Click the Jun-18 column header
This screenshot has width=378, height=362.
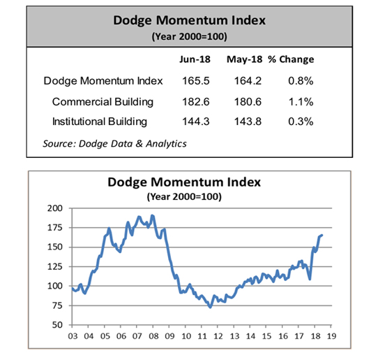coord(195,59)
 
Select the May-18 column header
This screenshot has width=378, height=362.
coord(244,59)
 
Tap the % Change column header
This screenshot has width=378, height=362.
coord(291,59)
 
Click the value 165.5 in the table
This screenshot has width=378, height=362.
coord(196,81)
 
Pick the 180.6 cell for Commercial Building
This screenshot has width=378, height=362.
coord(248,102)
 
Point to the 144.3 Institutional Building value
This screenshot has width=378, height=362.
coord(196,122)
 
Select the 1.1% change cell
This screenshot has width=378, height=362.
coord(301,102)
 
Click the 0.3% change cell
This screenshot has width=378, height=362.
coord(301,122)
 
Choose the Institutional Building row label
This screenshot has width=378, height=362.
coord(100,122)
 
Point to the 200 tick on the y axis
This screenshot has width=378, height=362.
coord(55,208)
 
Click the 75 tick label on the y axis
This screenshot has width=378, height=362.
coord(57,305)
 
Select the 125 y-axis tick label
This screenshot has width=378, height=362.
coord(55,267)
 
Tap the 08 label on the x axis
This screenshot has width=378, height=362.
coord(153,336)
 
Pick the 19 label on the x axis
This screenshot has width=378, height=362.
coord(331,336)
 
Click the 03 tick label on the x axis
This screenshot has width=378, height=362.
coord(73,336)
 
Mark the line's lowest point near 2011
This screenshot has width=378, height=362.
coord(211,307)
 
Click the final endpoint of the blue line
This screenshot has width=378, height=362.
coord(322,235)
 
